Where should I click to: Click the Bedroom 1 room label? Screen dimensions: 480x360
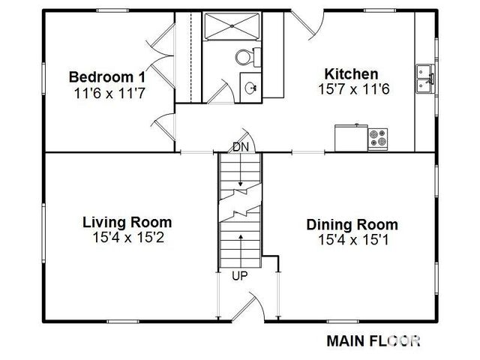pyautogui.click(x=107, y=76)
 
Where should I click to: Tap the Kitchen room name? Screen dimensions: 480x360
pyautogui.click(x=351, y=74)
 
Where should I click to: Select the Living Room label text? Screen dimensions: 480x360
pyautogui.click(x=127, y=222)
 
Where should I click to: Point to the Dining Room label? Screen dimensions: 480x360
pyautogui.click(x=352, y=225)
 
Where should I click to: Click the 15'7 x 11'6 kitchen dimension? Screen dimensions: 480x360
pyautogui.click(x=354, y=89)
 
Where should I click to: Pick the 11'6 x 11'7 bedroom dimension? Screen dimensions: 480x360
pyautogui.click(x=109, y=93)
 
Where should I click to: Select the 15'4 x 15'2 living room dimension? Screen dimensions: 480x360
pyautogui.click(x=128, y=237)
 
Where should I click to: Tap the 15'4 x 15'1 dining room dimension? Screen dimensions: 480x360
pyautogui.click(x=353, y=240)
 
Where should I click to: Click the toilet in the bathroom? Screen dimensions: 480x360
pyautogui.click(x=248, y=57)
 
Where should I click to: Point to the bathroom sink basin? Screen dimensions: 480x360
pyautogui.click(x=250, y=88)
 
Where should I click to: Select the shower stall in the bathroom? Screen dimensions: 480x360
pyautogui.click(x=232, y=26)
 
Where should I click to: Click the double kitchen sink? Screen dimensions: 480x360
pyautogui.click(x=424, y=79)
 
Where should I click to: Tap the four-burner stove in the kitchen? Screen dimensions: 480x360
pyautogui.click(x=377, y=139)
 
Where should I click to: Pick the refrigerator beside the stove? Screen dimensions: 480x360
pyautogui.click(x=351, y=137)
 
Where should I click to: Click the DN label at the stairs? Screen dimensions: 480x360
pyautogui.click(x=241, y=147)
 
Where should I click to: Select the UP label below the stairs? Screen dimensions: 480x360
pyautogui.click(x=240, y=276)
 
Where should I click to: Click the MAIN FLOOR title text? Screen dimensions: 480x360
pyautogui.click(x=373, y=341)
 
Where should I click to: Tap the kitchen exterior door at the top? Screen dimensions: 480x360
pyautogui.click(x=307, y=25)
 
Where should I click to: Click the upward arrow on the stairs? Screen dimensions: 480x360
pyautogui.click(x=241, y=250)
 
